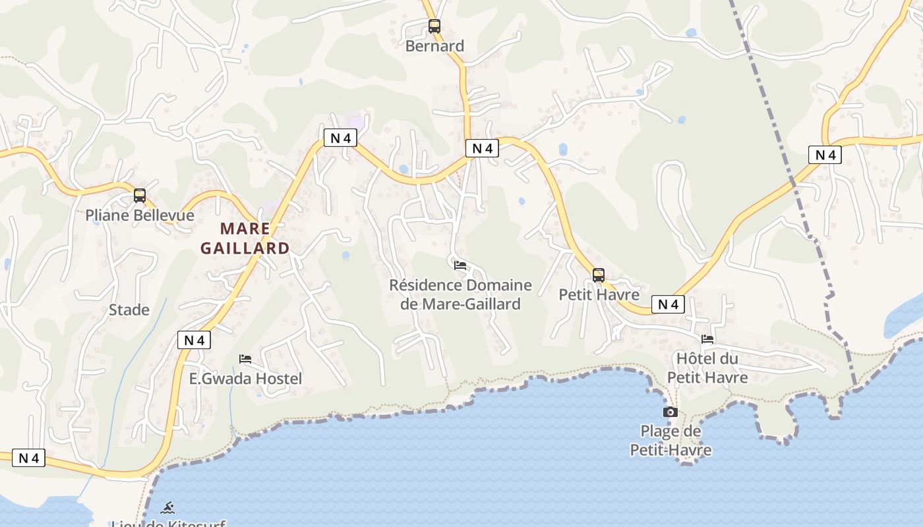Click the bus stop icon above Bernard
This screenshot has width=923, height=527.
point(434,26)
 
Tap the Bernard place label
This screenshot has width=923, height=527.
point(434,46)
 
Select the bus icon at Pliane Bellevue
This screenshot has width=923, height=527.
point(139,195)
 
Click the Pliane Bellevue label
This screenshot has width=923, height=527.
point(140,215)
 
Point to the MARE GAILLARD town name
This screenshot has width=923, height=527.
point(245,238)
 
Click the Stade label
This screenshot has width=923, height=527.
point(129,310)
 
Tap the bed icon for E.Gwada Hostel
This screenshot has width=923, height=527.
point(245,359)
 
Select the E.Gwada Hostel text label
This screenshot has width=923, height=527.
point(245,379)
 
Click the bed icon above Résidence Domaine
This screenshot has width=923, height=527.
point(460,265)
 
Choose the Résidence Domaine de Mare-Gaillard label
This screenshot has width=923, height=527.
point(460,294)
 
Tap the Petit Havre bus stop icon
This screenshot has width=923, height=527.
point(599,275)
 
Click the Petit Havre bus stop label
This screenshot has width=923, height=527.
point(599,294)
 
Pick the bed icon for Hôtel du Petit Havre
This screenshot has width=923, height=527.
point(707,339)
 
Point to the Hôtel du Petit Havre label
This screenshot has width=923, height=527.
point(707,368)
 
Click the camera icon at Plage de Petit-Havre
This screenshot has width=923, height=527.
point(670,412)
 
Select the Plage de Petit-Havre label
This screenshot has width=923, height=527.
point(670,441)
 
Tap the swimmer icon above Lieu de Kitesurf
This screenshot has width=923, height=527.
point(168,507)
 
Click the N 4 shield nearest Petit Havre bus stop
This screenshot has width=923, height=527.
point(668,304)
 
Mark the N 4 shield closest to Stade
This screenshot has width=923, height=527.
point(194,340)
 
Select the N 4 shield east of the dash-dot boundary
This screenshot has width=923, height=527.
point(825,155)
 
